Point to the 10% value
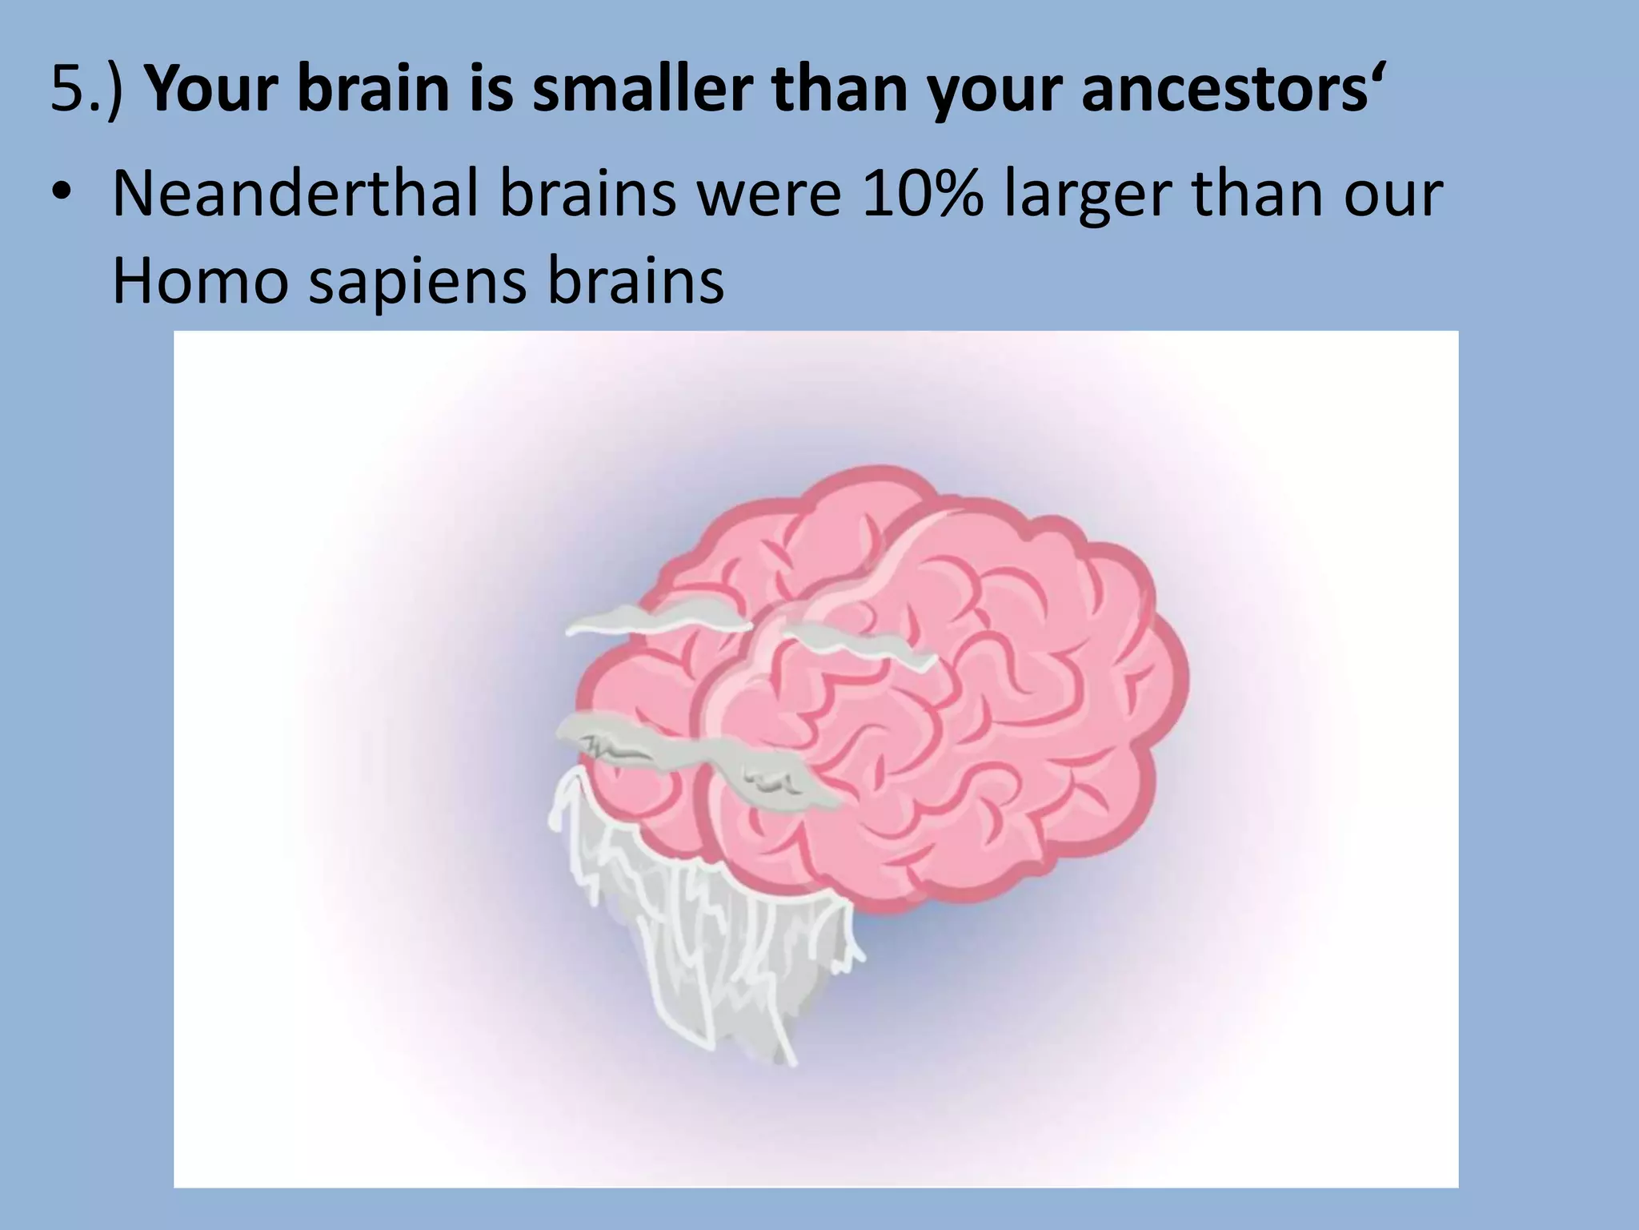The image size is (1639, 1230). pyautogui.click(x=923, y=195)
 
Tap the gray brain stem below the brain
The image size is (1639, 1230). pyautogui.click(x=704, y=945)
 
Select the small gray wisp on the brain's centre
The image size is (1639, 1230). pyautogui.click(x=860, y=645)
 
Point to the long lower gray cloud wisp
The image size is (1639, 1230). pyautogui.click(x=688, y=757)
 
